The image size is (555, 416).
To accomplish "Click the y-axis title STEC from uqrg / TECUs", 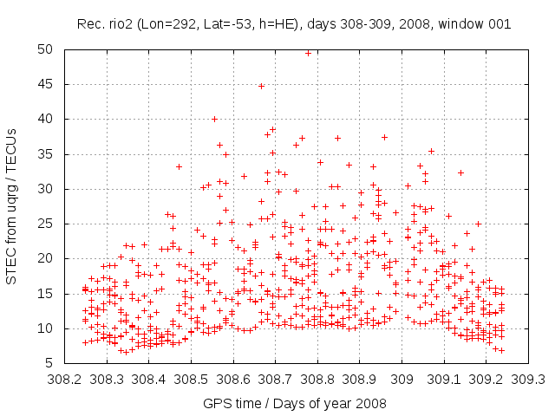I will [x=12, y=207].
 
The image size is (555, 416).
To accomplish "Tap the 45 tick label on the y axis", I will [x=42, y=84].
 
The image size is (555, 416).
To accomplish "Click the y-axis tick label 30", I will [x=42, y=189].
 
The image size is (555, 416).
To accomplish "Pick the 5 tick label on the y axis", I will [x=45, y=363].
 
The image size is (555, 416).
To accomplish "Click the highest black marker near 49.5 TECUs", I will [x=308, y=53].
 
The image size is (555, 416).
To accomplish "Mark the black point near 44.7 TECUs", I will [x=261, y=86].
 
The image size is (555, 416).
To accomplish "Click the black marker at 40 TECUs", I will [x=215, y=119].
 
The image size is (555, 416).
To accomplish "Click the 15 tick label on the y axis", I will [x=42, y=293].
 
